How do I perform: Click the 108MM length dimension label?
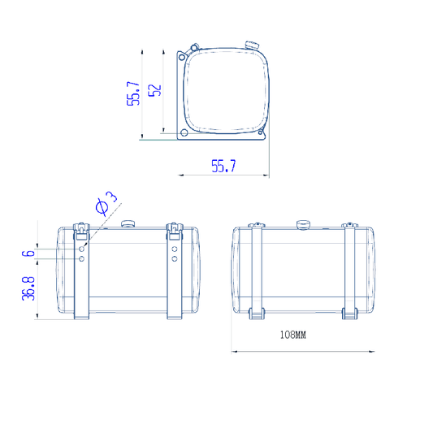(293, 335)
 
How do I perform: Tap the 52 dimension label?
(154, 90)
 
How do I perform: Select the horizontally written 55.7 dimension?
(223, 166)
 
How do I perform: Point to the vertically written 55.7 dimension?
(133, 93)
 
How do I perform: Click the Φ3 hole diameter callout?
(106, 203)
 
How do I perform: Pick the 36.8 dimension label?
(28, 288)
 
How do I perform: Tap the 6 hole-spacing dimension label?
(28, 253)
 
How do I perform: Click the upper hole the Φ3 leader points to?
(81, 249)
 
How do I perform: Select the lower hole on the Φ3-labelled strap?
(81, 259)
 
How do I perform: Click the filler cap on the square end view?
(252, 45)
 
